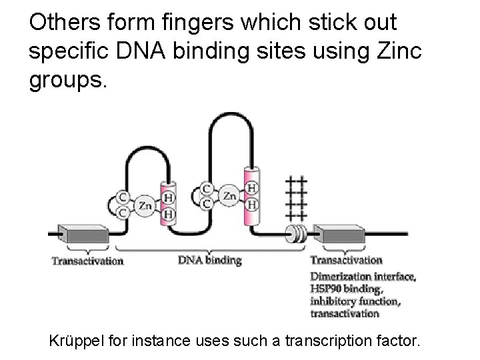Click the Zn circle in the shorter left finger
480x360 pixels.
[x=145, y=206]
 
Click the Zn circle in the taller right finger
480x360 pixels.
[x=229, y=196]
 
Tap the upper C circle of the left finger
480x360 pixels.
[x=123, y=197]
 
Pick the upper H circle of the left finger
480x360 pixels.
[x=169, y=198]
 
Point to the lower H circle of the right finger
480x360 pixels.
[x=252, y=203]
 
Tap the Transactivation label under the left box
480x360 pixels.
[x=88, y=261]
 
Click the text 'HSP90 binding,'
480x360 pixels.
[x=346, y=289]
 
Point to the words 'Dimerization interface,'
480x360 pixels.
[x=364, y=276]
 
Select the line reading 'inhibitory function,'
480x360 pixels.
[x=355, y=301]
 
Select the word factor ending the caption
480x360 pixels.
[x=400, y=342]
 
